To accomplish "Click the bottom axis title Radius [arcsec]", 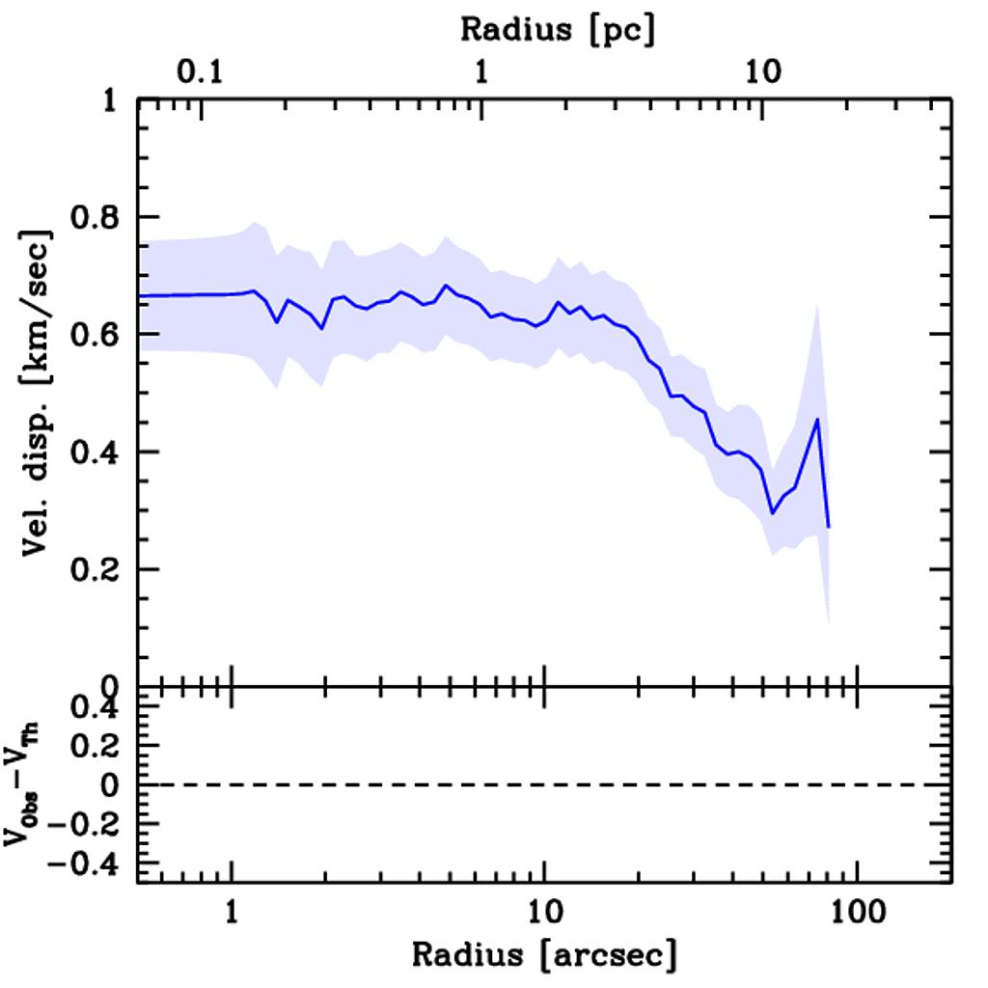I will click(x=544, y=955).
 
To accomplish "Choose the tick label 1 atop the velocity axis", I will click(x=114, y=100).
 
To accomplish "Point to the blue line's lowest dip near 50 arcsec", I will click(x=772, y=513).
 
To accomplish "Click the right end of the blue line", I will click(x=829, y=527).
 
